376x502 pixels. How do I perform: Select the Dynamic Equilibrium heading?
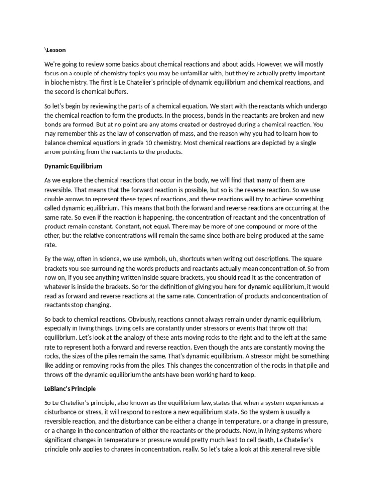tap(73, 166)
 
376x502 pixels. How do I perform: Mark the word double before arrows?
tap(55, 199)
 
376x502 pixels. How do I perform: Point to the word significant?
tap(62, 440)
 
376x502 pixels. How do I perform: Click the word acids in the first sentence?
tap(246, 64)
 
